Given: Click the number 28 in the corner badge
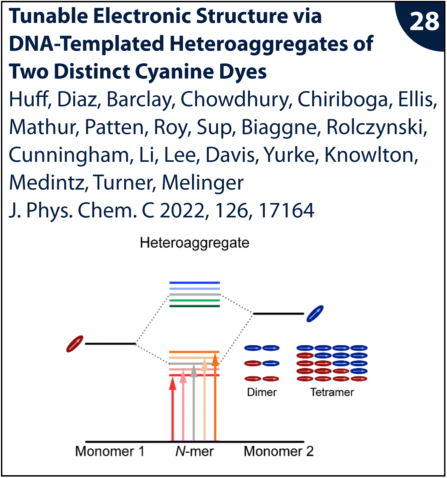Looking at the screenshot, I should coord(424,21).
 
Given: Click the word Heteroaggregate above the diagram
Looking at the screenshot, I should coord(194,243).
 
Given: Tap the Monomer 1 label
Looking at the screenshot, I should coord(110,451).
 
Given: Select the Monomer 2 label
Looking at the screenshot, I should coord(279,451).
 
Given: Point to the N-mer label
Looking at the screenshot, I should coord(194,451).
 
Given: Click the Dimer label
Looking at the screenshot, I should coord(262,392).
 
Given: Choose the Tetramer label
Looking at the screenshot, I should coord(332,392).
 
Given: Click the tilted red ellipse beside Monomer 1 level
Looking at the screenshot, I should coord(75,344).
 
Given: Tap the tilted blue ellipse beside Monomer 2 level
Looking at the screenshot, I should coord(315,313).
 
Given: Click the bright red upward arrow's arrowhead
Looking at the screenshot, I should coord(172,384).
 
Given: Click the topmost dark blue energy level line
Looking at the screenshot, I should coord(194,283).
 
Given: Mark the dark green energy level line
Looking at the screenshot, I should coord(194,306).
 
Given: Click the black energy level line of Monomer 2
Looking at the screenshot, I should coord(278,314).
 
